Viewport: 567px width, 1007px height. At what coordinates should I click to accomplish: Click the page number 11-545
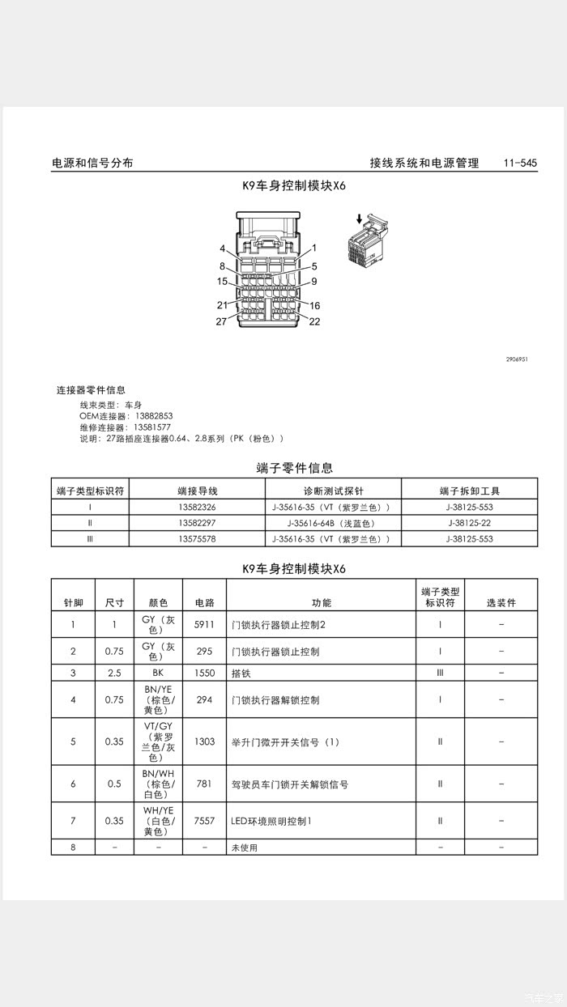click(x=520, y=163)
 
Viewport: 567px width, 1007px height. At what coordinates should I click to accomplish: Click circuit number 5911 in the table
click(x=204, y=624)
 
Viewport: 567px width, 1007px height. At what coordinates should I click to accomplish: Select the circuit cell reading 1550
click(x=204, y=673)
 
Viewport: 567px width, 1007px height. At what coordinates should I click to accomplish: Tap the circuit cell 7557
click(x=204, y=821)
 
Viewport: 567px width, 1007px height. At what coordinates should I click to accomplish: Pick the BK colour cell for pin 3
click(x=158, y=673)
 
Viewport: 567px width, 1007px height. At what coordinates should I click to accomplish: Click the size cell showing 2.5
click(x=114, y=673)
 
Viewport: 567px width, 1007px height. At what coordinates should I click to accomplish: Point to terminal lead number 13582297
click(x=197, y=523)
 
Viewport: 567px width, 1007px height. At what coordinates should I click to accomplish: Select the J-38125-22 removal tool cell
click(x=470, y=523)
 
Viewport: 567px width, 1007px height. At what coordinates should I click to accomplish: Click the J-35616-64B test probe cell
click(x=333, y=523)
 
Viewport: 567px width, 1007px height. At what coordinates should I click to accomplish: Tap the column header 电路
click(x=204, y=603)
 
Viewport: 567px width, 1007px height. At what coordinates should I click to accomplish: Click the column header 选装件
click(x=501, y=603)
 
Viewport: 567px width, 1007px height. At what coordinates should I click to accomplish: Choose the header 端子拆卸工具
click(x=470, y=491)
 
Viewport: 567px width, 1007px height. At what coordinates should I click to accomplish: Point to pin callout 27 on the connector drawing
click(x=222, y=321)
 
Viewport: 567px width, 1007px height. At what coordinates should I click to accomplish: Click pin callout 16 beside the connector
click(x=314, y=306)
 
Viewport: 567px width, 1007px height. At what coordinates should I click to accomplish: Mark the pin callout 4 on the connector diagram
click(x=222, y=249)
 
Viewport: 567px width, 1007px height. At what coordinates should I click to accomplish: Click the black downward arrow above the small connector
click(x=359, y=219)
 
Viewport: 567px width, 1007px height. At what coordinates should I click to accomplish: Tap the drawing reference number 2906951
click(x=523, y=359)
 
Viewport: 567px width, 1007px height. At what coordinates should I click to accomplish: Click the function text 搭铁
click(x=241, y=673)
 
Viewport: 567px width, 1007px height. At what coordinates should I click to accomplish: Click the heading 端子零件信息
click(x=294, y=468)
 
